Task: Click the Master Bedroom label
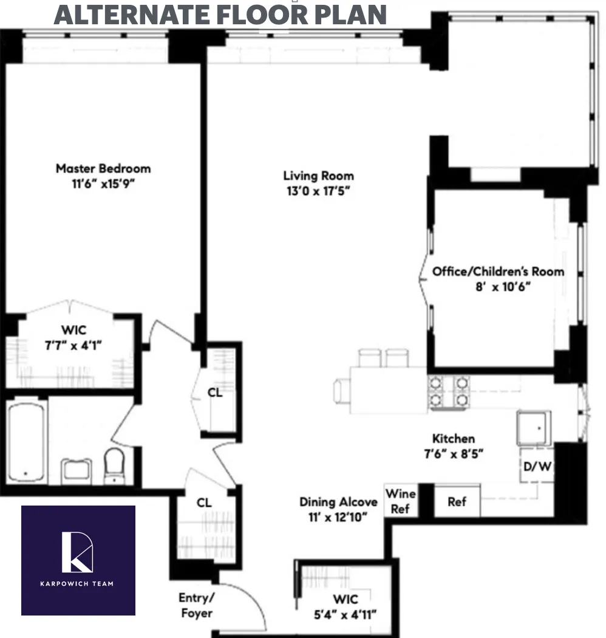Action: (103, 168)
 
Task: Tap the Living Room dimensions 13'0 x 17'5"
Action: (318, 191)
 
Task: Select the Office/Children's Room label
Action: (498, 272)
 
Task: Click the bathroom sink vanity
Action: (77, 471)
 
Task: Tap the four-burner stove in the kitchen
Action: (450, 391)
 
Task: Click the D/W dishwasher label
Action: (537, 467)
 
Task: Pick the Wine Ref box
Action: (400, 501)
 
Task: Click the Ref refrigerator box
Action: (457, 501)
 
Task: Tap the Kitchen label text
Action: (453, 438)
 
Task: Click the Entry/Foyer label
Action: (196, 605)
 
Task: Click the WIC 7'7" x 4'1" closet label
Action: (73, 338)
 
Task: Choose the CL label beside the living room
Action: (215, 393)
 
